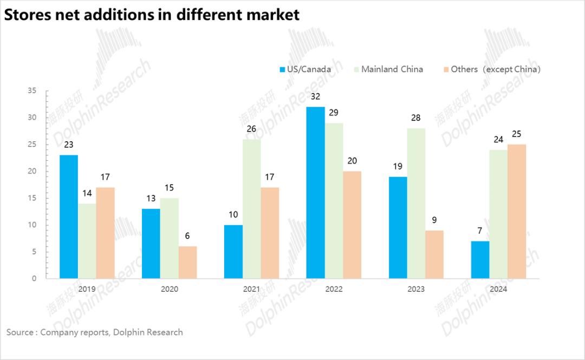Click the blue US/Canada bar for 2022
coord(315,193)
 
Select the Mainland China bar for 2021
coord(252,209)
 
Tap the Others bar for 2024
coord(517,211)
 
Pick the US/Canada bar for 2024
coord(480,260)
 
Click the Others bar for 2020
coord(187,263)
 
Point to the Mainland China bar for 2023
coord(416,204)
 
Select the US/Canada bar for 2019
coord(69,217)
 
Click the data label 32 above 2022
coord(315,97)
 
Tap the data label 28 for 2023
coord(416,118)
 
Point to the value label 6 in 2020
coord(187,236)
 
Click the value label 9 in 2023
coord(434,220)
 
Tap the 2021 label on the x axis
coord(251,289)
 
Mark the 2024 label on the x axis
coord(498,289)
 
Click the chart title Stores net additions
coord(152,15)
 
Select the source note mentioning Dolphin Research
coord(95,332)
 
